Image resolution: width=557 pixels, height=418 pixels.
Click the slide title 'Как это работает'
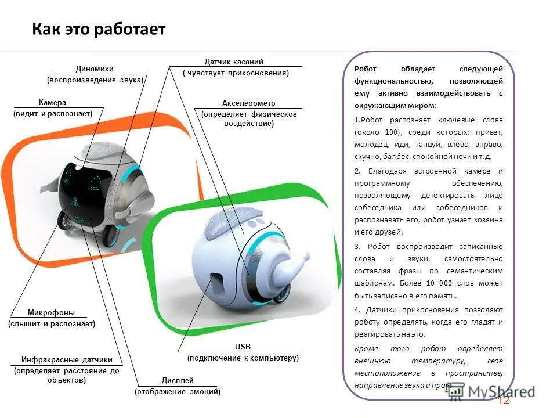99,30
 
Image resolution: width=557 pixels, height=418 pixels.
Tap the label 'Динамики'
95,69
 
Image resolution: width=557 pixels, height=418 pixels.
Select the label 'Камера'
52,102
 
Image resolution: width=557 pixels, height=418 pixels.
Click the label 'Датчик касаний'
234,62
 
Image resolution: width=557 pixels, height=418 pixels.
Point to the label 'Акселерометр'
248,103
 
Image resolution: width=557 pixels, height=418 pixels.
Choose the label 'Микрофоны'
51,312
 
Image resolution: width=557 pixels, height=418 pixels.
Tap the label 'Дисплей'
178,380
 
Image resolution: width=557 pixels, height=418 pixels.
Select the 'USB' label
243,347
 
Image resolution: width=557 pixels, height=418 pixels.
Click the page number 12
503,401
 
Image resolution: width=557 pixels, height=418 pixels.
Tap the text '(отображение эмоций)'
178,392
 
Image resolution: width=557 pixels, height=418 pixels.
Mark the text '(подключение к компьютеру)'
243,358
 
